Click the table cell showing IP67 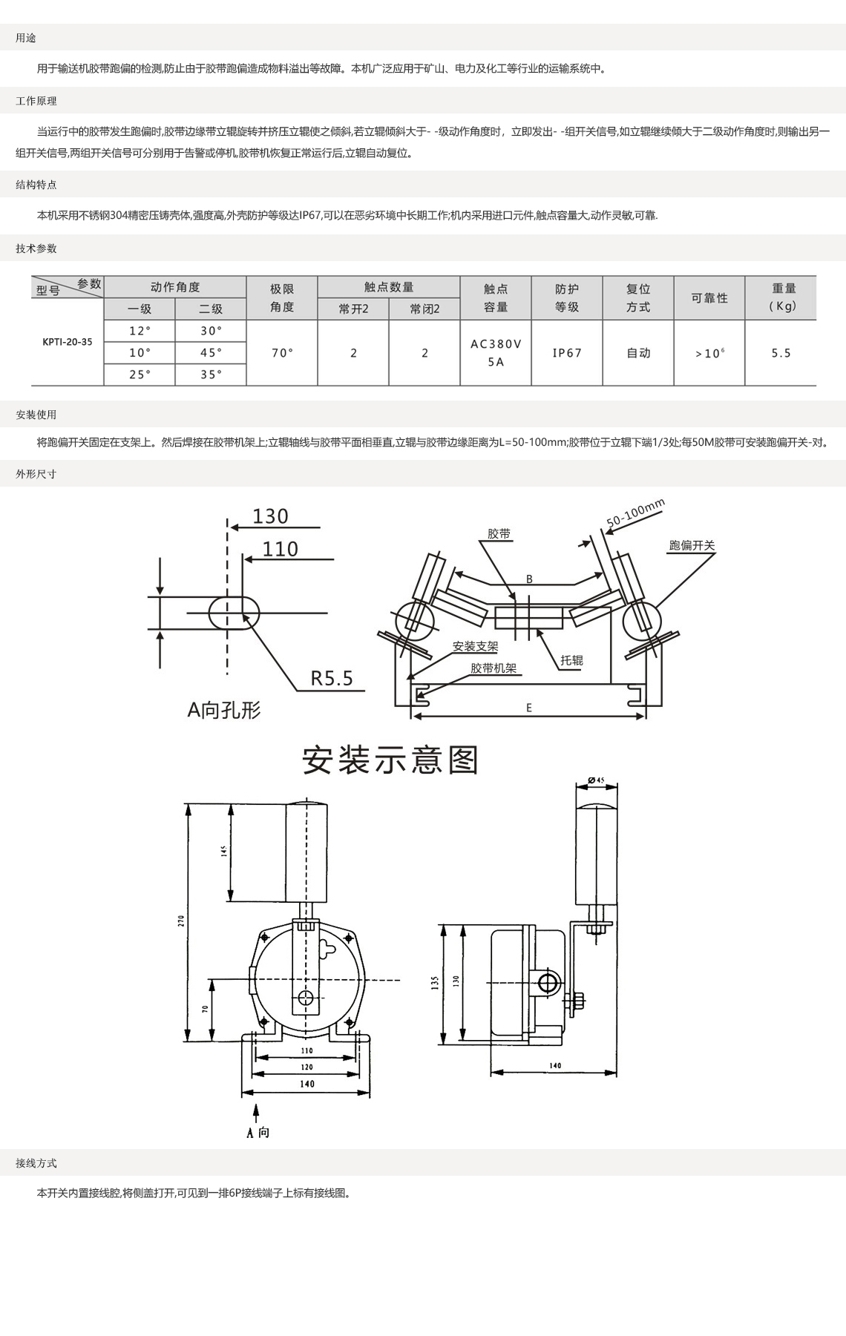click(x=567, y=353)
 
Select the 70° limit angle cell click(x=282, y=353)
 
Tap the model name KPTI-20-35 click(x=68, y=342)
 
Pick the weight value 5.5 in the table click(x=781, y=353)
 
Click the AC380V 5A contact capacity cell click(x=496, y=353)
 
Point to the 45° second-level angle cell click(x=211, y=353)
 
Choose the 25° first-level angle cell click(x=140, y=375)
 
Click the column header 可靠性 click(x=709, y=298)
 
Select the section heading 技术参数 click(x=36, y=249)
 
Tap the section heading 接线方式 click(x=36, y=1163)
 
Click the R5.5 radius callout click(x=332, y=678)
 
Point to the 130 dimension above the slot click(x=270, y=516)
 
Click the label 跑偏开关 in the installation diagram click(x=692, y=545)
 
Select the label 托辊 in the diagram click(x=571, y=660)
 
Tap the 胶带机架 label click(x=493, y=668)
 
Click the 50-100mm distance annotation click(x=635, y=514)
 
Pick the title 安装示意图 click(x=390, y=760)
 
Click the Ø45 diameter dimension click(x=597, y=780)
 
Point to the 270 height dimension click(x=181, y=921)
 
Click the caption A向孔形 click(x=224, y=711)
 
